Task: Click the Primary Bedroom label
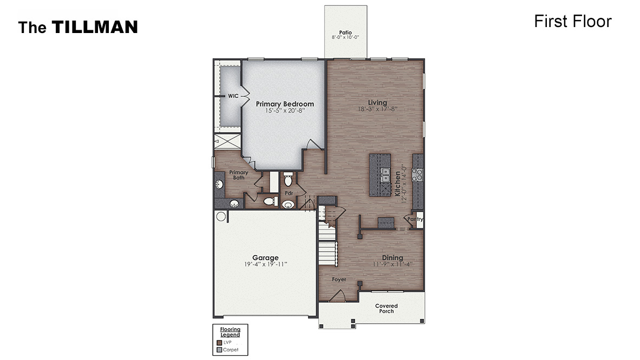pyautogui.click(x=284, y=104)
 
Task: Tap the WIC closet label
pyautogui.click(x=233, y=96)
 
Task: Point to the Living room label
pyautogui.click(x=377, y=102)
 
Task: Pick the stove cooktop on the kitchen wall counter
pyautogui.click(x=418, y=174)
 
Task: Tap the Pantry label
pyautogui.click(x=415, y=219)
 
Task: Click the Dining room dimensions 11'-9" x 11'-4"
pyautogui.click(x=393, y=264)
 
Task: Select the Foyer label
pyautogui.click(x=339, y=280)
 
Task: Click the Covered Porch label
pyautogui.click(x=387, y=309)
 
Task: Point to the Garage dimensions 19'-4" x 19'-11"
pyautogui.click(x=265, y=264)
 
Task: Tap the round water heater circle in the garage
pyautogui.click(x=221, y=217)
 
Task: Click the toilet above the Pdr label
pyautogui.click(x=288, y=179)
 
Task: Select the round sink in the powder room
pyautogui.click(x=288, y=205)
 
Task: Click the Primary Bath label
pyautogui.click(x=239, y=175)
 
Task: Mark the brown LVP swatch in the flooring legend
pyautogui.click(x=219, y=342)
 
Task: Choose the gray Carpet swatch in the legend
pyautogui.click(x=219, y=350)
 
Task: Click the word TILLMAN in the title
pyautogui.click(x=95, y=27)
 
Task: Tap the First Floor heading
pyautogui.click(x=572, y=21)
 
